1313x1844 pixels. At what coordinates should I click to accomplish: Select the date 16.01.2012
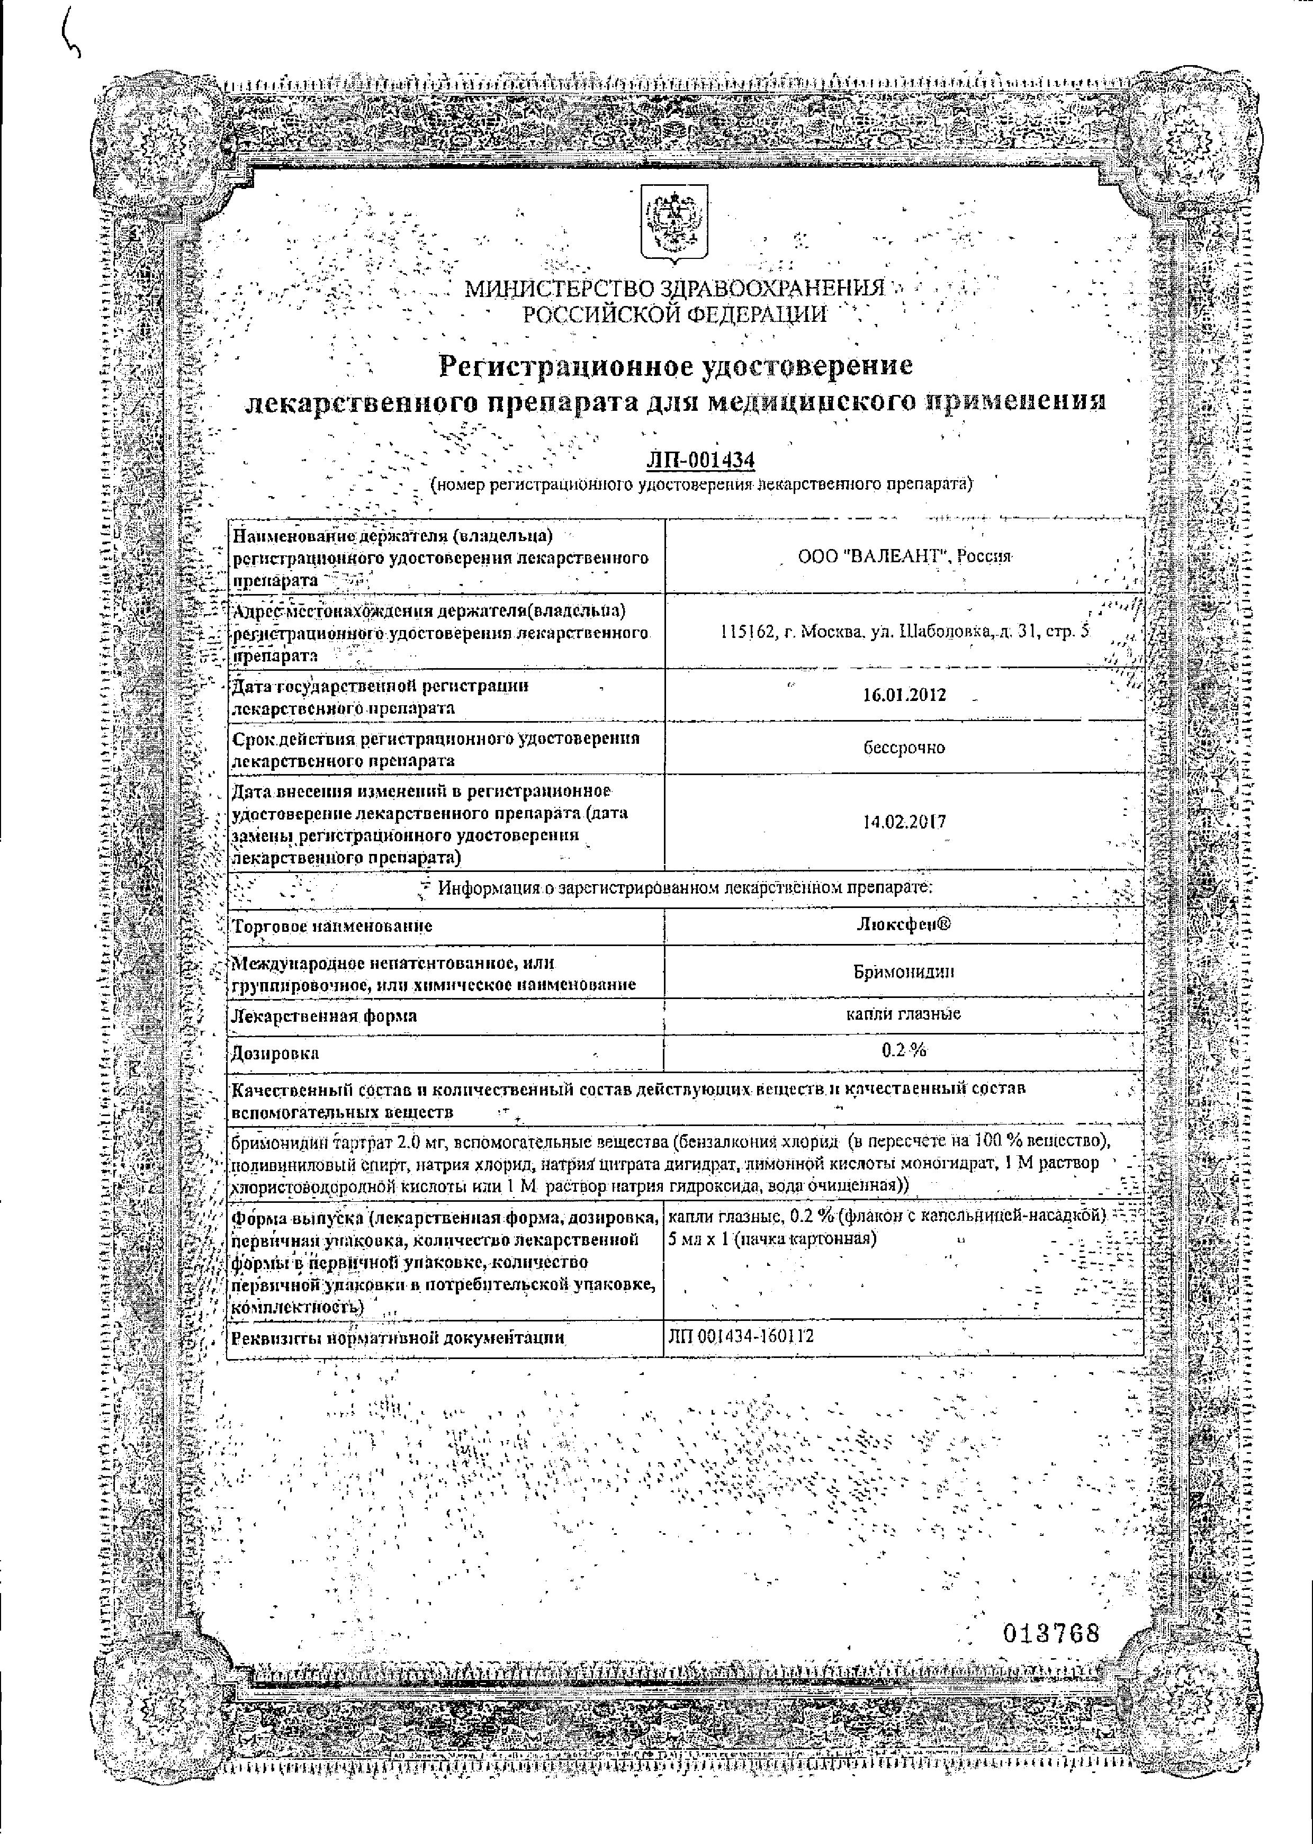coord(904,695)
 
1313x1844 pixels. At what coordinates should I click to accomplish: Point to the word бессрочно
coord(904,748)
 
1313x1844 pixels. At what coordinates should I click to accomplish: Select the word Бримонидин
coord(904,971)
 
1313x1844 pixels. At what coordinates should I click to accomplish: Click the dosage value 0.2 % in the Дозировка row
coord(904,1050)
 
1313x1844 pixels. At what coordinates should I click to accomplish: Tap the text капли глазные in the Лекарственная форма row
coord(904,1013)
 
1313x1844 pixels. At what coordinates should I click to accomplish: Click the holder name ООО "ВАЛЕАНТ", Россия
coord(904,557)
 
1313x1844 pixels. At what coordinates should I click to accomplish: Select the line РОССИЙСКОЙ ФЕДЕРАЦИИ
coord(675,314)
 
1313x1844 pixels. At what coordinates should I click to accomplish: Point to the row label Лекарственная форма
coord(324,1015)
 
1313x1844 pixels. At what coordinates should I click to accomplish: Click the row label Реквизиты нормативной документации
coord(397,1338)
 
